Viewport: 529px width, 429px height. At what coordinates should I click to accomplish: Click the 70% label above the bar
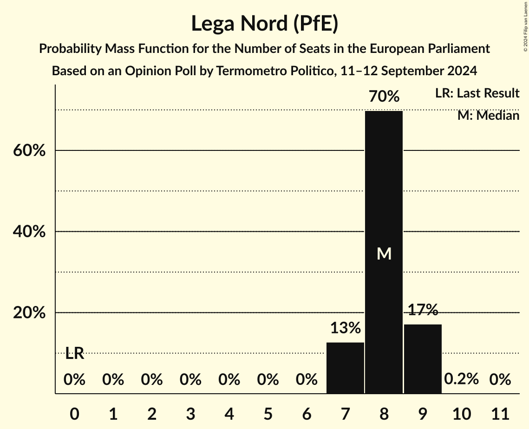pos(384,97)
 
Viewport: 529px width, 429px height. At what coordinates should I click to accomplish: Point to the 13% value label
pos(345,328)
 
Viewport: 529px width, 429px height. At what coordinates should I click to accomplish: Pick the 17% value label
pos(423,310)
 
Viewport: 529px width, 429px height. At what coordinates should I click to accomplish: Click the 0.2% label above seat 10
pos(461,379)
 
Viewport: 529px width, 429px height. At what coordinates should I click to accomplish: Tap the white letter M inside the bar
pos(384,253)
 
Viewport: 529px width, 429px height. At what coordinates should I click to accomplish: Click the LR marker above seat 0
pos(74,354)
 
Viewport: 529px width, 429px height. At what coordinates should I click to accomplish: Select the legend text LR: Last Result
pos(477,93)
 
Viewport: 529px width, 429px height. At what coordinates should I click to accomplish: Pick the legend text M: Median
pos(488,116)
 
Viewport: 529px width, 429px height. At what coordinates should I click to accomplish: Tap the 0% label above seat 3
pos(190,380)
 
